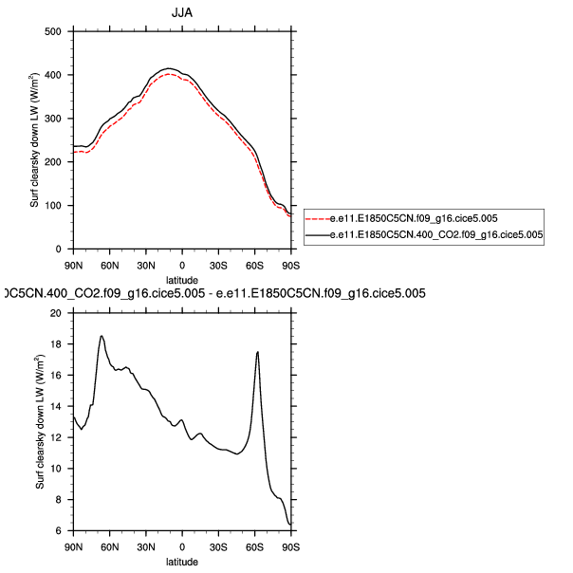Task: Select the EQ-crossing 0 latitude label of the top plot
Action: [182, 264]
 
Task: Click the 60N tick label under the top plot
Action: [109, 264]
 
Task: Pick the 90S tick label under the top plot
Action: [290, 264]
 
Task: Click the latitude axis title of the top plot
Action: [181, 280]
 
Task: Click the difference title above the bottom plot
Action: [213, 294]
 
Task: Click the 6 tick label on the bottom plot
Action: [58, 531]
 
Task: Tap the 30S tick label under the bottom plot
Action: [218, 547]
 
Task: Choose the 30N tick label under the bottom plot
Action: [145, 547]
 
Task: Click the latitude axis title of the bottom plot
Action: [181, 563]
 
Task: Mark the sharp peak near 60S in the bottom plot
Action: [257, 352]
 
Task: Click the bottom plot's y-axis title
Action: [40, 422]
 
